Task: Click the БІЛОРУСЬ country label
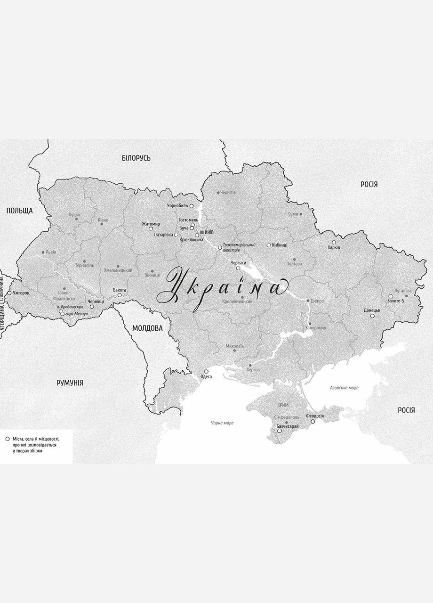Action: tap(136, 158)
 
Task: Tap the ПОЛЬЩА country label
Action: tap(19, 210)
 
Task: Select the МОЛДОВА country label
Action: tap(147, 328)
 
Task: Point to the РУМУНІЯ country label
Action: tap(70, 383)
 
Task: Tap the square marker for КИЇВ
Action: tap(202, 232)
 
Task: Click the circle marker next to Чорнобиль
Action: tap(192, 206)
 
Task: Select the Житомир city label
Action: tap(151, 224)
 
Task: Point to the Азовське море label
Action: tap(344, 387)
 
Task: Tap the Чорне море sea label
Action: tap(222, 423)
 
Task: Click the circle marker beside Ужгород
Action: tap(9, 293)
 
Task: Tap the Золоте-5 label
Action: tap(396, 301)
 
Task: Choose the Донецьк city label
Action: tap(372, 310)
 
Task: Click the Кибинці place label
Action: tap(280, 245)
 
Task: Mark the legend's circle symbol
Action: tap(7, 438)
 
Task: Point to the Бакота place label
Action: tap(120, 290)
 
